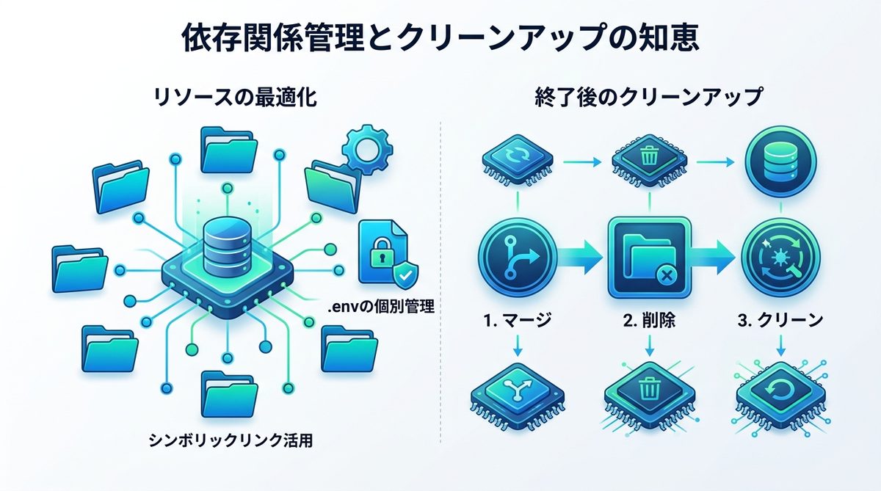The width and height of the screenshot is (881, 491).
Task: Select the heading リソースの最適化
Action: pyautogui.click(x=236, y=98)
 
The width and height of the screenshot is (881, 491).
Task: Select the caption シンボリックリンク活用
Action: pyautogui.click(x=231, y=441)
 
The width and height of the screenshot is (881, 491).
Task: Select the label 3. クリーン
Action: pyautogui.click(x=779, y=320)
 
